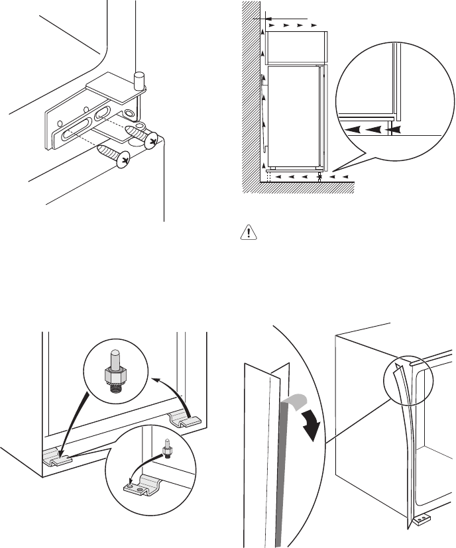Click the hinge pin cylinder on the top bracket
[139, 80]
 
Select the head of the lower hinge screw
[122, 160]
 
